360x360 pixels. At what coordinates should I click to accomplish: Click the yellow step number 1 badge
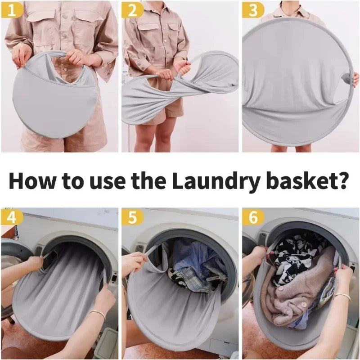tap(12, 11)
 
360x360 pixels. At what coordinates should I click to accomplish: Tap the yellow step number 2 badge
tap(132, 11)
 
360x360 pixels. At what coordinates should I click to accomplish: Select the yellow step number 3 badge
tap(252, 11)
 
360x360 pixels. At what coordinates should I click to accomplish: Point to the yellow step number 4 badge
tap(12, 217)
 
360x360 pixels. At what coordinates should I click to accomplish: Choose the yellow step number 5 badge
tap(132, 217)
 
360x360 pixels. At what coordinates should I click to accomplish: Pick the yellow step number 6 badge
tap(252, 217)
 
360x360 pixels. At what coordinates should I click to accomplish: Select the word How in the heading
tap(32, 181)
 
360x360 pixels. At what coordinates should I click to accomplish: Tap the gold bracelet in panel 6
tap(342, 297)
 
